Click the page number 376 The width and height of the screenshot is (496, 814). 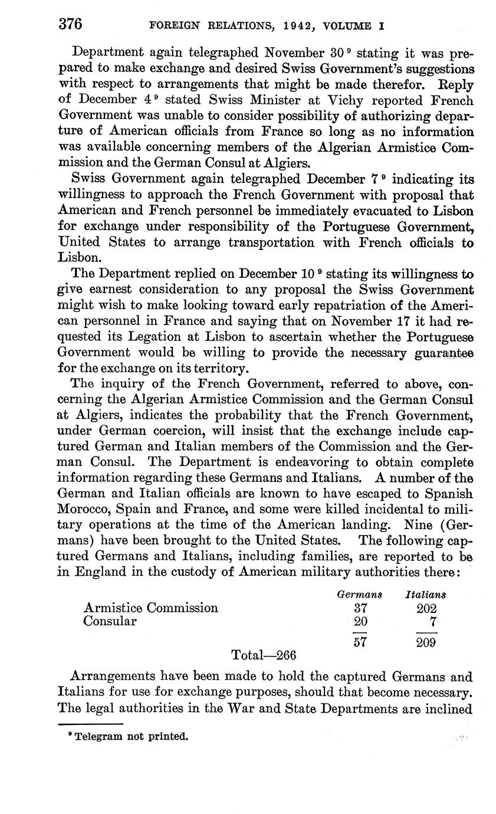[x=70, y=25]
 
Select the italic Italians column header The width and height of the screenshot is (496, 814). [x=426, y=595]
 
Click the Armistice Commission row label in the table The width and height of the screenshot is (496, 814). [x=151, y=608]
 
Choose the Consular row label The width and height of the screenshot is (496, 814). [x=110, y=621]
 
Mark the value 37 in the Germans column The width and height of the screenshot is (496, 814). [x=360, y=608]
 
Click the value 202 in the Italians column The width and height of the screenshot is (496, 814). [x=426, y=608]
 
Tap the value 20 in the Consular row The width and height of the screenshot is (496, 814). [x=360, y=622]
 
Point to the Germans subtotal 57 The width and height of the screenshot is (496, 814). [x=360, y=642]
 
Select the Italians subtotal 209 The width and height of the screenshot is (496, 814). [x=426, y=642]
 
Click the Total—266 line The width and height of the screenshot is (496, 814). [x=264, y=655]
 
